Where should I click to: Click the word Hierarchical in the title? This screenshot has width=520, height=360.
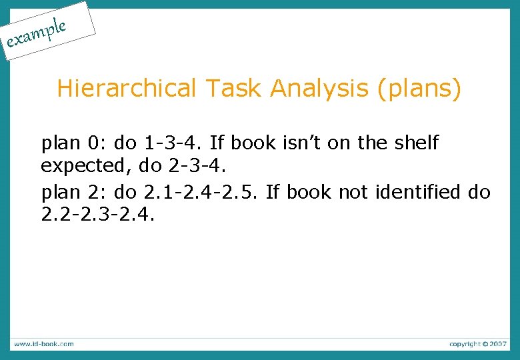pyautogui.click(x=127, y=88)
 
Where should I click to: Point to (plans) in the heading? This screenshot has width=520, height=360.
pyautogui.click(x=419, y=89)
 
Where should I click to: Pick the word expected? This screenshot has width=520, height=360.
pyautogui.click(x=85, y=163)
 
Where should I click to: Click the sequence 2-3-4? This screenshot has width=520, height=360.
pyautogui.click(x=199, y=163)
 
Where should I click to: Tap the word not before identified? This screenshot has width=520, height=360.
pyautogui.click(x=355, y=193)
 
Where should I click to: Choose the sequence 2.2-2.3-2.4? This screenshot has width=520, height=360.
pyautogui.click(x=97, y=215)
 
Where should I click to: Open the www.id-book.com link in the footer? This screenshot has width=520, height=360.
pyautogui.click(x=43, y=344)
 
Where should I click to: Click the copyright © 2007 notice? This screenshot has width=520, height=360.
pyautogui.click(x=477, y=344)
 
